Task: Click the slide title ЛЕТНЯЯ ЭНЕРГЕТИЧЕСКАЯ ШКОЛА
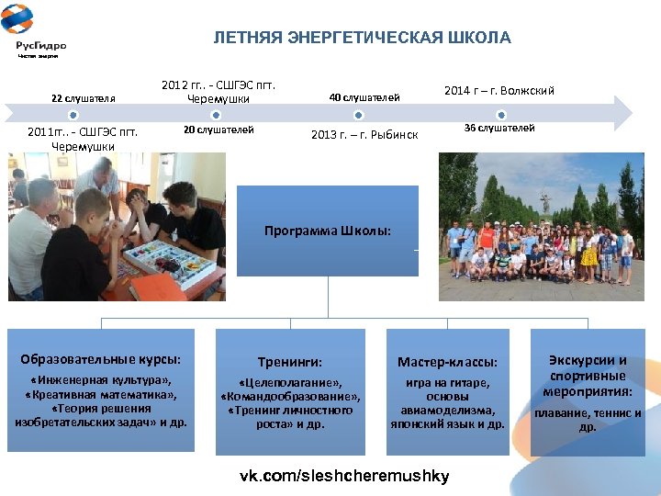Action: point(362,38)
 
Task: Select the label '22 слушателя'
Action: point(84,98)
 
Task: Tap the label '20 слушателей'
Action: point(218,130)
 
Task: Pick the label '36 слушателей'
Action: point(499,128)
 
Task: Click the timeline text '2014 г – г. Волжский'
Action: point(499,91)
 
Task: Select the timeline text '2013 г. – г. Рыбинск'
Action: point(364,135)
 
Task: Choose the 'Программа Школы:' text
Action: point(327,231)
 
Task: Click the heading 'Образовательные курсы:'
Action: point(101,358)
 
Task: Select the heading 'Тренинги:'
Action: point(290,363)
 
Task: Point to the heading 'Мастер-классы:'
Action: point(447,363)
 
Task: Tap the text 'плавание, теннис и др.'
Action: point(588,420)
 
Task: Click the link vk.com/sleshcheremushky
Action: point(344,476)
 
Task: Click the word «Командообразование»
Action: point(290,397)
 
